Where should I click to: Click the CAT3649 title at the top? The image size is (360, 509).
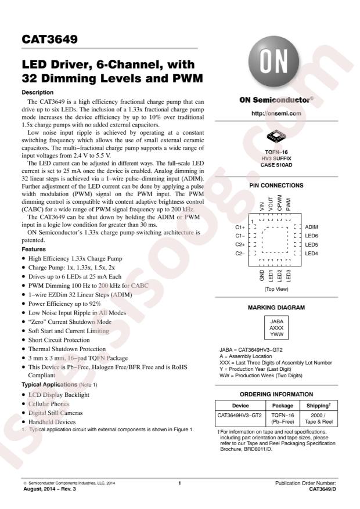[49, 41]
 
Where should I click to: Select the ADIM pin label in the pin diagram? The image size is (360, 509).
[311, 228]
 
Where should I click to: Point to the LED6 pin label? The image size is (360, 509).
[312, 236]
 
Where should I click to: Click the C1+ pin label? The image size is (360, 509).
[239, 228]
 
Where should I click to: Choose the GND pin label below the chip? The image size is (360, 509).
[262, 275]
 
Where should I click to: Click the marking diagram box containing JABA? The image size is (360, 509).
[276, 327]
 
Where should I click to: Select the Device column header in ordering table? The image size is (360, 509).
[240, 406]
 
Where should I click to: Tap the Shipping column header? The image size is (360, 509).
[318, 406]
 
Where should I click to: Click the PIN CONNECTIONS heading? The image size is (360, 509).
[276, 186]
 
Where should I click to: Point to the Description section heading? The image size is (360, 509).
[38, 92]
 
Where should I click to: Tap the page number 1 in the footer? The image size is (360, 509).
[180, 483]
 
